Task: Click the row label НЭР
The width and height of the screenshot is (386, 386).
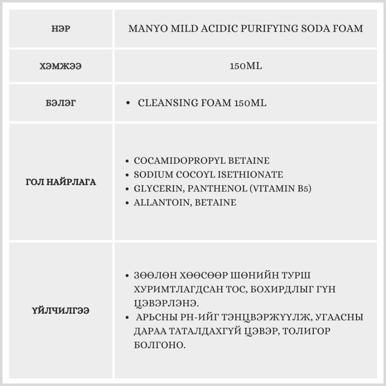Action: click(x=61, y=29)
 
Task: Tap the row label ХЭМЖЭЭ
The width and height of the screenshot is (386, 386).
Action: click(x=61, y=66)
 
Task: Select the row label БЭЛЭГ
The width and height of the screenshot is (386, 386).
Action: click(x=61, y=103)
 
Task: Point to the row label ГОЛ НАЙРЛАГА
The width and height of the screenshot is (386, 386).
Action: click(x=61, y=182)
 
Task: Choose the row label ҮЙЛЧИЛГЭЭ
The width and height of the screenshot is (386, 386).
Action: click(x=61, y=310)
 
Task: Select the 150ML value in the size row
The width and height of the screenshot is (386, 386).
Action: click(x=245, y=66)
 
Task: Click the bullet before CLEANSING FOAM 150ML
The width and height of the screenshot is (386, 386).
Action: click(x=128, y=104)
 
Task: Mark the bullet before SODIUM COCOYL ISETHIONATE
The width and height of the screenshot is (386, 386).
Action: click(x=128, y=175)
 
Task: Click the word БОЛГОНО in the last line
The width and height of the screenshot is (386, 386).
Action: click(x=160, y=344)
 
